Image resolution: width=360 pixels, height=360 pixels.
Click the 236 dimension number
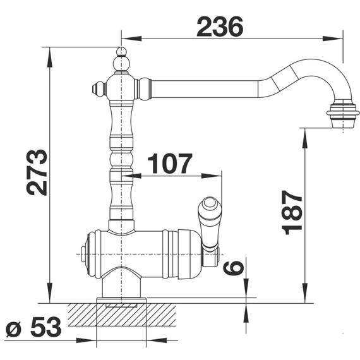tap(220, 27)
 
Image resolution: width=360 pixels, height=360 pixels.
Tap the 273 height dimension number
tap(37, 172)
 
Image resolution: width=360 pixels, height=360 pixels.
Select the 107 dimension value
tap(170, 163)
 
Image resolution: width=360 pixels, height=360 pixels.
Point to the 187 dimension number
tap(292, 212)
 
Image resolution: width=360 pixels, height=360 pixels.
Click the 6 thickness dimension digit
tap(233, 268)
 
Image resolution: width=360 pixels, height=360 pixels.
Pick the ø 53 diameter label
tap(33, 327)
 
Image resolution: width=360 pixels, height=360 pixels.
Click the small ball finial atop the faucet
tap(121, 51)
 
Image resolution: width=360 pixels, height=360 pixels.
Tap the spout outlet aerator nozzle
tap(343, 116)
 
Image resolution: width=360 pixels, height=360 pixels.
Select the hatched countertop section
tap(122, 315)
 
